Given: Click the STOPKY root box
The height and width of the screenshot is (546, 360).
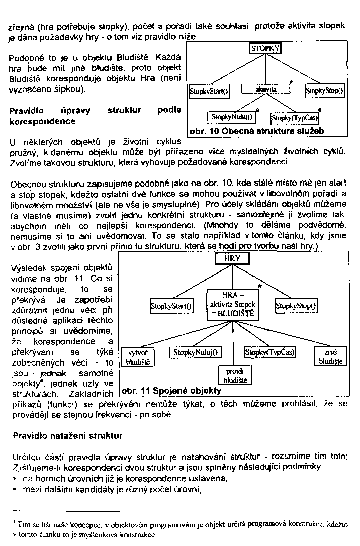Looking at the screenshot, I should click(265, 48).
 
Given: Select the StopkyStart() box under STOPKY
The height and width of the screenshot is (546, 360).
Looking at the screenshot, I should click(209, 91).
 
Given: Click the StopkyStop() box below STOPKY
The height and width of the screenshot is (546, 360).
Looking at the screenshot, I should click(325, 91).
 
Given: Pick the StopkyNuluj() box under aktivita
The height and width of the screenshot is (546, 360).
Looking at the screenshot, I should click(232, 117).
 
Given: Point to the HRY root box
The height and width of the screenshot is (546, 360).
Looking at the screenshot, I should click(232, 258).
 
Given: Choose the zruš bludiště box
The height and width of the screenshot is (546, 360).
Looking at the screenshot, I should click(330, 357).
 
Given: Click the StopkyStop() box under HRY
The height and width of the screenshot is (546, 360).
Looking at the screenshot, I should click(296, 305).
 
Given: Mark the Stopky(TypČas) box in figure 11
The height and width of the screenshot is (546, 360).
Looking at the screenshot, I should click(270, 352).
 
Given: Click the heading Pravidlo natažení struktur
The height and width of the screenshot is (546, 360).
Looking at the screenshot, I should click(67, 435).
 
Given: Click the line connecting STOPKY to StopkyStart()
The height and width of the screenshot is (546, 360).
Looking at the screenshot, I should click(236, 70).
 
